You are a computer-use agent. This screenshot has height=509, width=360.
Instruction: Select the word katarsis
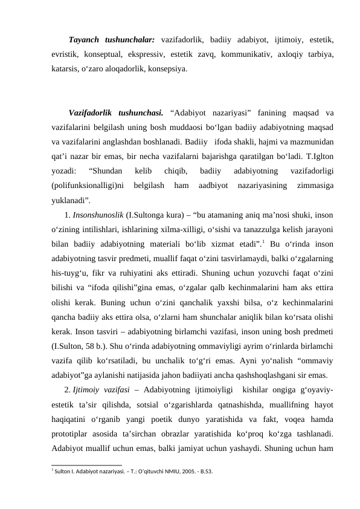(x=66, y=69)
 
